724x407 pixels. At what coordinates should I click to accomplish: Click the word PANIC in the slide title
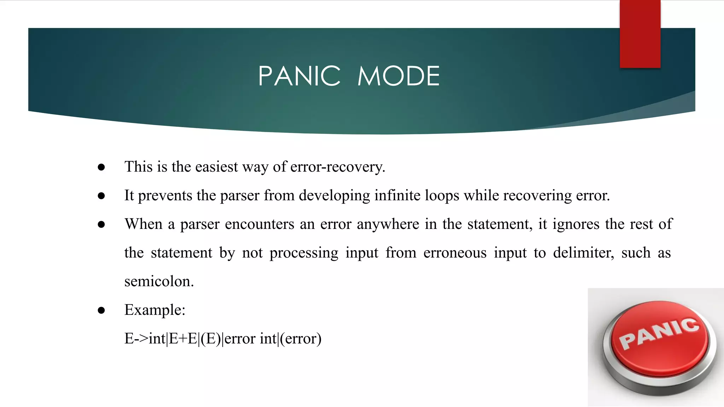click(x=299, y=76)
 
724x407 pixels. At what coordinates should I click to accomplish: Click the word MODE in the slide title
click(x=398, y=76)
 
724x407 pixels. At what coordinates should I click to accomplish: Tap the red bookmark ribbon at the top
click(x=640, y=34)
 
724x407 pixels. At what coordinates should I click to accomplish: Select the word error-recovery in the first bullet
click(x=337, y=167)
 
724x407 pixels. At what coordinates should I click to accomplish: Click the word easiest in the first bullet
click(x=216, y=167)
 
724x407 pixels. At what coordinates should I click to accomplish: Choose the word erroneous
click(x=455, y=253)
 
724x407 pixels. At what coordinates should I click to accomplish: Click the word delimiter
click(x=583, y=253)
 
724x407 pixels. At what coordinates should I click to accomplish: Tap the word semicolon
click(x=159, y=281)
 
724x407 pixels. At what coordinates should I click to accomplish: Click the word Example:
click(x=155, y=310)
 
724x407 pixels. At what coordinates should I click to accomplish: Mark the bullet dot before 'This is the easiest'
click(x=101, y=167)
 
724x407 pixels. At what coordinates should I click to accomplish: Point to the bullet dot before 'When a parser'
click(x=101, y=224)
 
